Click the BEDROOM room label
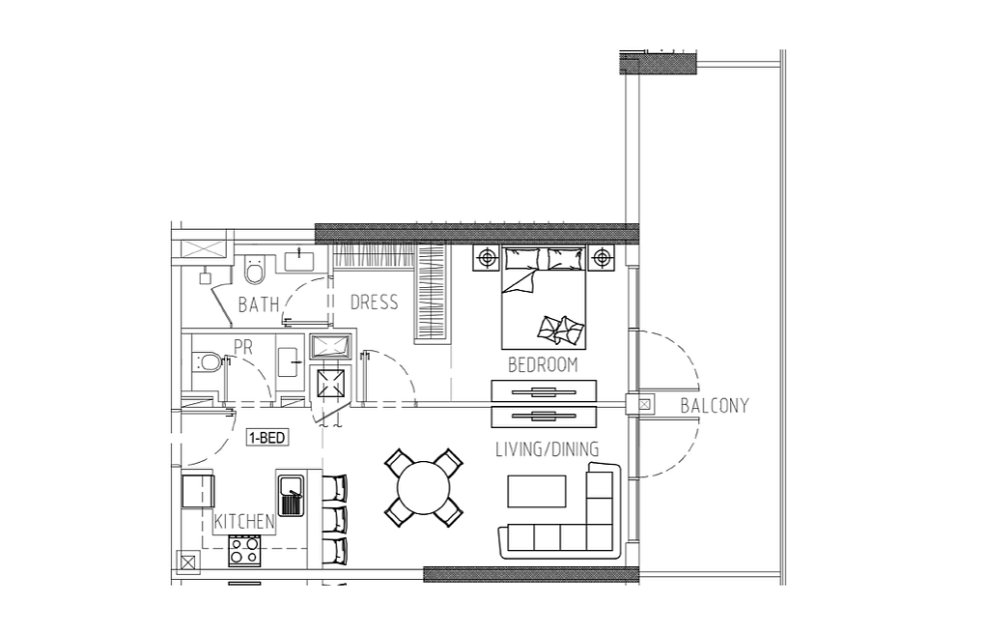tap(543, 365)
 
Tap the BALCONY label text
tap(715, 406)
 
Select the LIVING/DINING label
tap(548, 449)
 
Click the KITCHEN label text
tap(244, 522)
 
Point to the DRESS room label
tap(374, 303)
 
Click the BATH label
tap(259, 304)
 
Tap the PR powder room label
tap(243, 347)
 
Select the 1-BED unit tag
tap(267, 438)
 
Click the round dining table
tap(424, 488)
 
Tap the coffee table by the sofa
tap(537, 491)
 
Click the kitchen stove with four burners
tap(244, 551)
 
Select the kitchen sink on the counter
tap(292, 495)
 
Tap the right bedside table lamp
tap(602, 258)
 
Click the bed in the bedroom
tap(544, 298)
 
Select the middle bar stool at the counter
tap(334, 519)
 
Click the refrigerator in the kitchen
tap(198, 491)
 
